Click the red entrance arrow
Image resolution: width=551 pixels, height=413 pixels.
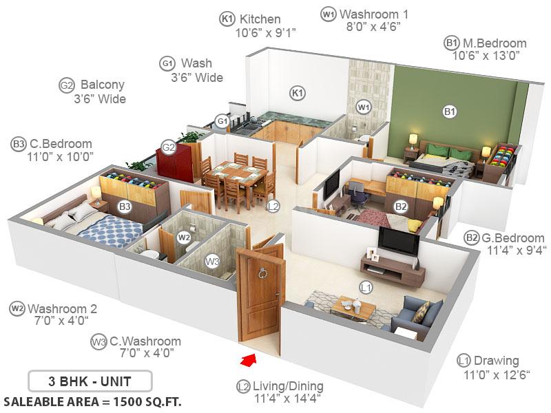click(x=249, y=360)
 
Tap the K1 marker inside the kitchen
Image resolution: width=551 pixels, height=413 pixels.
click(x=298, y=93)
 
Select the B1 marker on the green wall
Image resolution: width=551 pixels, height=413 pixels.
click(x=450, y=112)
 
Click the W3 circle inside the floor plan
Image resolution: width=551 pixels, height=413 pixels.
click(x=212, y=261)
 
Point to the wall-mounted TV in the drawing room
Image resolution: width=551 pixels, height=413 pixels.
click(x=399, y=240)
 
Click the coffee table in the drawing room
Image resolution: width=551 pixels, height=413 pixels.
click(x=354, y=308)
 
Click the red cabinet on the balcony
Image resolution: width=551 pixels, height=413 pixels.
click(x=175, y=161)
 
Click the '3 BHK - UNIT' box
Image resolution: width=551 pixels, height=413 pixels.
click(x=90, y=381)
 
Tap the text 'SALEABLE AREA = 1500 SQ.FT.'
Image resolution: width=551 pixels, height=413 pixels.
click(x=92, y=401)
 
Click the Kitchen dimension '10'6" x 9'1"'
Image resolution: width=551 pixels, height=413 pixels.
click(x=265, y=32)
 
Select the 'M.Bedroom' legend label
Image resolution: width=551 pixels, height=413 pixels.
click(x=495, y=43)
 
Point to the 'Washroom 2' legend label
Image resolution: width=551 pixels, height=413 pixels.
click(x=62, y=308)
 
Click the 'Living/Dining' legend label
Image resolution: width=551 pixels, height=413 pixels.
click(x=288, y=386)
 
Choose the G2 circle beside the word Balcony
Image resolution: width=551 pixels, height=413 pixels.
click(x=67, y=85)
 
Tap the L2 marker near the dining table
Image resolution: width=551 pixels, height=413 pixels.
click(x=273, y=206)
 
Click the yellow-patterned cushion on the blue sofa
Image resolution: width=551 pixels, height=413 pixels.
click(x=421, y=312)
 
